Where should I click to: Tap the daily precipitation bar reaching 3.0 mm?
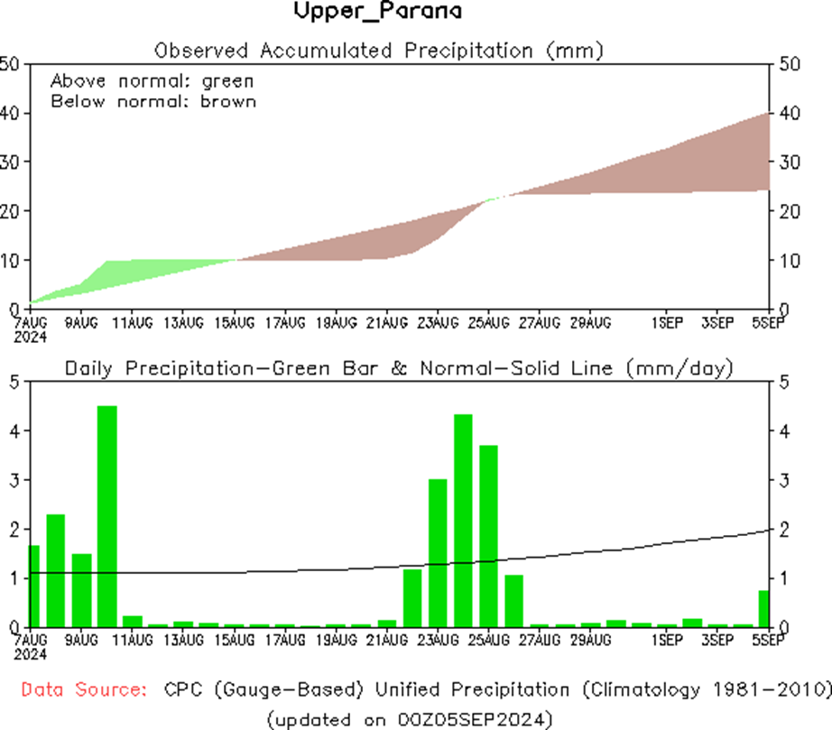(438, 552)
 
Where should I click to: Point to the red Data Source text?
(84, 690)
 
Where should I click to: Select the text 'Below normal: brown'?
(153, 101)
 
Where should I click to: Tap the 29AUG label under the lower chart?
(591, 641)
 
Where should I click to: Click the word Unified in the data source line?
(423, 690)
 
